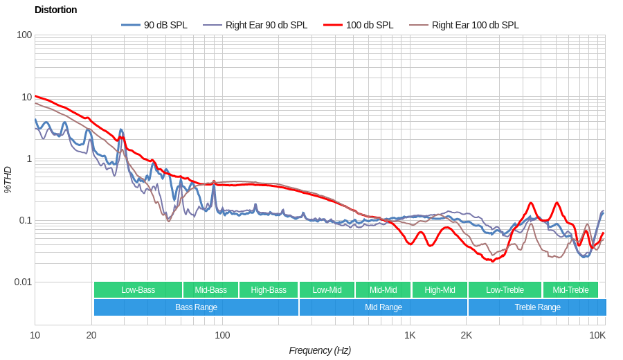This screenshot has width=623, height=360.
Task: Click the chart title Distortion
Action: point(55,10)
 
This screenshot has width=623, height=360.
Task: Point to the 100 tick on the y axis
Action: point(24,35)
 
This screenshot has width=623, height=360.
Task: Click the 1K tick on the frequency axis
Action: point(410,335)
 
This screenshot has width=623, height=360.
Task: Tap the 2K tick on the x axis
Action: point(466,335)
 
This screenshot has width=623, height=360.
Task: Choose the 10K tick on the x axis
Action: point(597,335)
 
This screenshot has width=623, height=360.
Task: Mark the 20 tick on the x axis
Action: point(91,335)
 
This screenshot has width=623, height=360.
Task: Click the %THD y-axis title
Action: point(8,179)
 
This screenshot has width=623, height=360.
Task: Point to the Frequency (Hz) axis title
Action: point(320,350)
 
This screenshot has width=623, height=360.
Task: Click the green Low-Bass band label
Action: point(138,290)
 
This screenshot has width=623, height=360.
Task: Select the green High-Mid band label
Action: point(440,290)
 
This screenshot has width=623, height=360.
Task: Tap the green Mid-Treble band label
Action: point(570,290)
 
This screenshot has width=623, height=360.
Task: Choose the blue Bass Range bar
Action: point(196,307)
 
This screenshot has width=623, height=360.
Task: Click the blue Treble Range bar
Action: point(537,307)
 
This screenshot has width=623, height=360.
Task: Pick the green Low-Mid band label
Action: point(327,290)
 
